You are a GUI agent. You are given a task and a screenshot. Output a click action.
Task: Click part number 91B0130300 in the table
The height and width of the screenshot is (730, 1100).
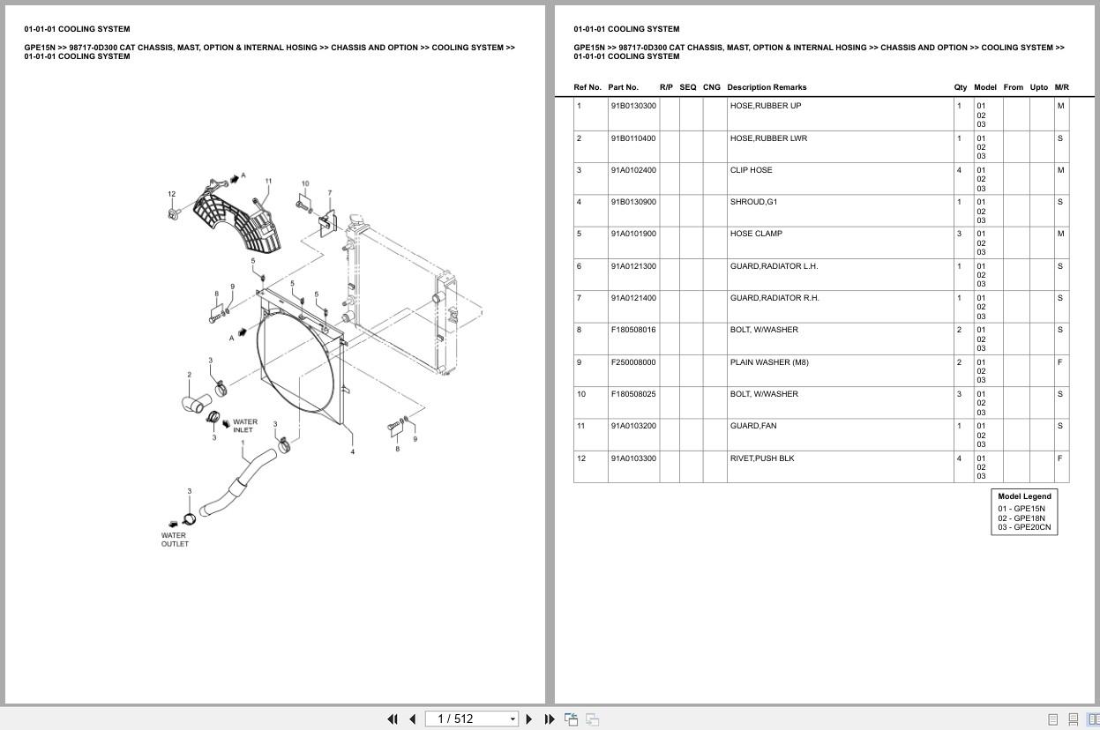click(x=632, y=106)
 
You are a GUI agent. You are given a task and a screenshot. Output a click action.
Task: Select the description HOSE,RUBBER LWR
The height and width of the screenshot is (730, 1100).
click(x=767, y=138)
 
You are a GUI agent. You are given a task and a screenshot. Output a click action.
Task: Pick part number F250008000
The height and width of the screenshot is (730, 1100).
click(x=632, y=362)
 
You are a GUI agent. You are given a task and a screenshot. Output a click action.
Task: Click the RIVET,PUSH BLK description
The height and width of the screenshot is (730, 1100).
click(x=761, y=458)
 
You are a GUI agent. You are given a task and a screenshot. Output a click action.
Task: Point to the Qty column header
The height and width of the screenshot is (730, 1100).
click(x=960, y=87)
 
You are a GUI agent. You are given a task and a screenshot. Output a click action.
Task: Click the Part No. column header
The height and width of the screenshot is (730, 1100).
click(x=623, y=87)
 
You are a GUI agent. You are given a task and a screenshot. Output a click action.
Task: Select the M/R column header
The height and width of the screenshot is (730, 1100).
click(x=1061, y=87)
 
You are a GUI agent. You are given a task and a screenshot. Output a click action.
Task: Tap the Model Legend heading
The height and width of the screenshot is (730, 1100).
click(x=1024, y=496)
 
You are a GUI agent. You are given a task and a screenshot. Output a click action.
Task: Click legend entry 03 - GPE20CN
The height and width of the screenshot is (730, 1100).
click(x=1024, y=527)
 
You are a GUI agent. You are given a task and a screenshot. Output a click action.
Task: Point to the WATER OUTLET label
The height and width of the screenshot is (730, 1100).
click(x=175, y=540)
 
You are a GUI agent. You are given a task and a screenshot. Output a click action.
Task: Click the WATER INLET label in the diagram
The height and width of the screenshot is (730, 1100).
click(x=244, y=426)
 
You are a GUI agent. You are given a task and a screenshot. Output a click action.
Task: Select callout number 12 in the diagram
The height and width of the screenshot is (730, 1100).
click(x=172, y=194)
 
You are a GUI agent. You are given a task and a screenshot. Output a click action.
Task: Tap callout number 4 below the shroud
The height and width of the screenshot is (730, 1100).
click(x=352, y=452)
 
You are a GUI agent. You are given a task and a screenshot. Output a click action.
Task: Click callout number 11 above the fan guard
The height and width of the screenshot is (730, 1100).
click(x=268, y=182)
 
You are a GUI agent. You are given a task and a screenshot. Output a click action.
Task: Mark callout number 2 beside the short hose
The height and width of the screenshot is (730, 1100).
click(x=189, y=375)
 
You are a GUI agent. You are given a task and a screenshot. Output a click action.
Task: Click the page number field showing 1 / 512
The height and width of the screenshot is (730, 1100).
click(x=472, y=719)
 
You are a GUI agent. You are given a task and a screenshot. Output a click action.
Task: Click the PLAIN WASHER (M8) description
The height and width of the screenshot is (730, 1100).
click(x=768, y=362)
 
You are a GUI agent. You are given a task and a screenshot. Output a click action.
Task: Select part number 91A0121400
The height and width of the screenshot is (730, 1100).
click(x=632, y=298)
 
